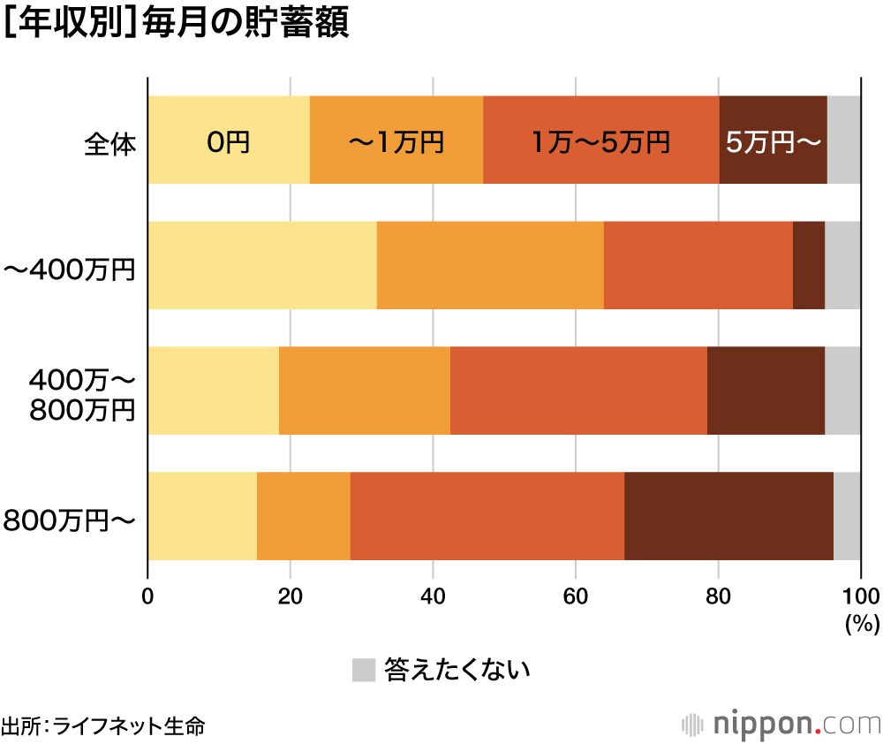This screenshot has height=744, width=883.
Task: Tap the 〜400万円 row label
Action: click(71, 267)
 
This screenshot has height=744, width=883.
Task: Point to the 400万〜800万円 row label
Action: click(83, 392)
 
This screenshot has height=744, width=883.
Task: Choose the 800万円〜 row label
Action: click(71, 519)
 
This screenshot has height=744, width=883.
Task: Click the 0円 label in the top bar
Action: click(229, 141)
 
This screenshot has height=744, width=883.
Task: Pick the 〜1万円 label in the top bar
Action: click(396, 141)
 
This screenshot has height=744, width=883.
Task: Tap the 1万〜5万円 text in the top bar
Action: click(601, 141)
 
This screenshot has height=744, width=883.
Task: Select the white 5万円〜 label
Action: click(774, 141)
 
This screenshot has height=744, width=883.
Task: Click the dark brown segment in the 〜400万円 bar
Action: click(809, 266)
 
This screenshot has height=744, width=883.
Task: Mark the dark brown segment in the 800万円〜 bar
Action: click(728, 516)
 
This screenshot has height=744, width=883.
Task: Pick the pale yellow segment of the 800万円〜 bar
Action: click(202, 516)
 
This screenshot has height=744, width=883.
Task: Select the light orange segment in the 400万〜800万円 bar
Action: click(365, 391)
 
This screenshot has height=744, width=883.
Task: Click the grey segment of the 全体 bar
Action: click(844, 140)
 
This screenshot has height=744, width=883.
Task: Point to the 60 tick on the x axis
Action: click(576, 594)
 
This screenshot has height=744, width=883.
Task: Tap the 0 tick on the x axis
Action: click(147, 594)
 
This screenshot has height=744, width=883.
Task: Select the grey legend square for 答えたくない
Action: click(364, 670)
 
